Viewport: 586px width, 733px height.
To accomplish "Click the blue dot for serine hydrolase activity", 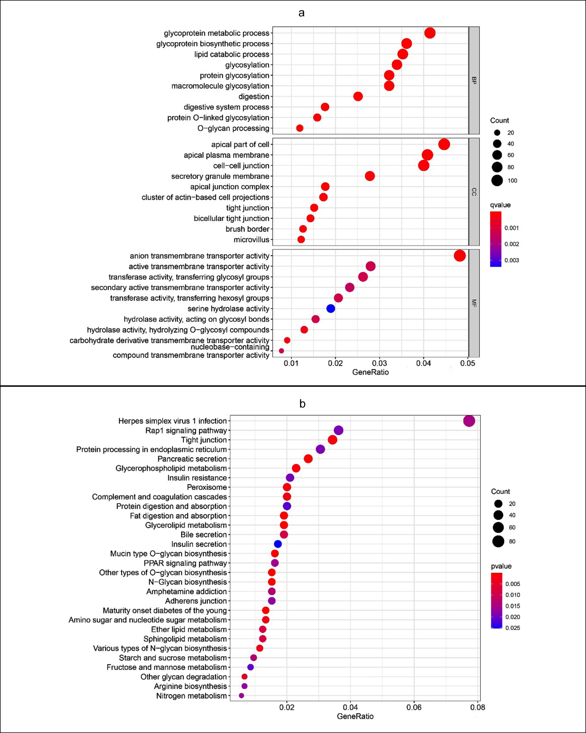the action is (331, 309).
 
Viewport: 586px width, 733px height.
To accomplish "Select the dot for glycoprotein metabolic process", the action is (430, 33).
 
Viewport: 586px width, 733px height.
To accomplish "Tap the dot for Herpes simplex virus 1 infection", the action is (469, 421).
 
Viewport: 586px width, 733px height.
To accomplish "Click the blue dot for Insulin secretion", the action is (278, 544).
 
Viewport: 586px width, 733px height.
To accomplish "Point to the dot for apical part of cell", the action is (444, 144).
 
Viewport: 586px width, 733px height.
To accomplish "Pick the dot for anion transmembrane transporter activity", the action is (460, 256).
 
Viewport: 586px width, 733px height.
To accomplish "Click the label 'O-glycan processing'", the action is (233, 128).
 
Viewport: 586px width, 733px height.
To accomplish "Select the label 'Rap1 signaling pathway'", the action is (186, 431).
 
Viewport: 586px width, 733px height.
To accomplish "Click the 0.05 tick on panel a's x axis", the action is (468, 363).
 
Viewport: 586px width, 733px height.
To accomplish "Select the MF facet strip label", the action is (474, 303).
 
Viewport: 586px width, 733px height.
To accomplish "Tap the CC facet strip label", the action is (474, 192).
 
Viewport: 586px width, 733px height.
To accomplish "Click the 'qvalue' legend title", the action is (500, 205).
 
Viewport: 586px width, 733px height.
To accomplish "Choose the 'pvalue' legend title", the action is (501, 566).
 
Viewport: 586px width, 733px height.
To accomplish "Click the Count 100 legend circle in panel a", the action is (497, 181).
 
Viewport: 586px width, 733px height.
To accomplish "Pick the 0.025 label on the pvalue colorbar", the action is (513, 628).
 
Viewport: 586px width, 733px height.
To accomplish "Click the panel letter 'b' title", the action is (302, 403).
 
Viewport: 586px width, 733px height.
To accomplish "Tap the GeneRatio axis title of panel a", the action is (370, 372).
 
